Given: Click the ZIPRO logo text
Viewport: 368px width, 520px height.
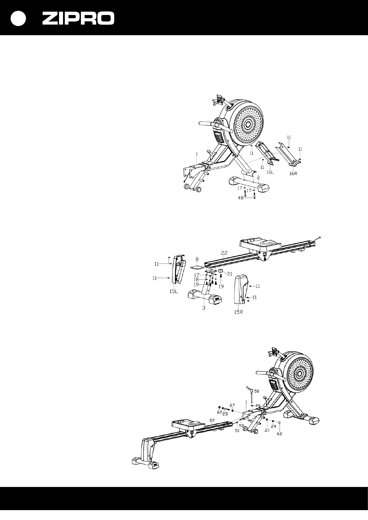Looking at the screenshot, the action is (78, 19).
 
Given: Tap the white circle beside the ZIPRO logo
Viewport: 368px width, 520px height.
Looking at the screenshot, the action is (18, 19).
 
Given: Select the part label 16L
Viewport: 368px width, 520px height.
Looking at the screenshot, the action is (270, 172).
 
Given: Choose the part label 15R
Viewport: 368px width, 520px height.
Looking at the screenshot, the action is (238, 312).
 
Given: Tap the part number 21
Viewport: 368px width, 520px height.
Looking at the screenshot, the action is (230, 273).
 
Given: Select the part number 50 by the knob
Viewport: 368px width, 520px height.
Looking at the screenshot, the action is (257, 391).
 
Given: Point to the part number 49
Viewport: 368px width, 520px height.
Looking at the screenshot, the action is (258, 405).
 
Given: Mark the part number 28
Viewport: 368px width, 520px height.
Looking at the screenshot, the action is (225, 414).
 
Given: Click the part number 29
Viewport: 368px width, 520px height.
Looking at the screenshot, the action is (273, 426).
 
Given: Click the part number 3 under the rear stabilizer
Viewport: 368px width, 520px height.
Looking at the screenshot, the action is (204, 308).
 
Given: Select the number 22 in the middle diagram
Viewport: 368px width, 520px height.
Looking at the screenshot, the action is (224, 252).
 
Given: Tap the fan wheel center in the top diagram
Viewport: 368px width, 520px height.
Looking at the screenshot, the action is (247, 124).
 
